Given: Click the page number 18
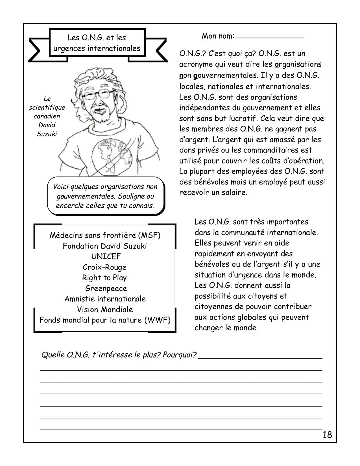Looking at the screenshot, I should tap(327, 434).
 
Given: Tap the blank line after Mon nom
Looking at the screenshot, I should tap(269, 37).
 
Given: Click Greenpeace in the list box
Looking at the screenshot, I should tap(106, 288).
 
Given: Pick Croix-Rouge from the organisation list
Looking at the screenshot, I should tap(104, 267).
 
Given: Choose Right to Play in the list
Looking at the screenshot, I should tap(104, 278).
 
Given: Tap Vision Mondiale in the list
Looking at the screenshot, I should tap(105, 310).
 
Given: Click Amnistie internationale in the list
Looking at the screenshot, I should tap(105, 299).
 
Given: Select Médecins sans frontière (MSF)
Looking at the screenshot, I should tap(105, 235).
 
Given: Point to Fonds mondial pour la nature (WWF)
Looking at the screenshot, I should tap(105, 320).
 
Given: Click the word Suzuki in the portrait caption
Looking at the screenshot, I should tap(47, 134).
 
